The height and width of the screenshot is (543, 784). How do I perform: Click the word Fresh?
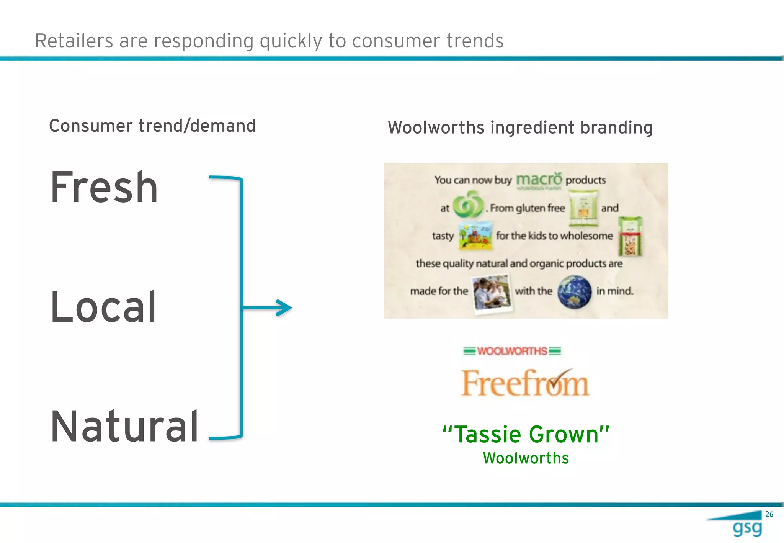(x=104, y=188)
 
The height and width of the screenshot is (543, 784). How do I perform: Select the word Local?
(x=103, y=307)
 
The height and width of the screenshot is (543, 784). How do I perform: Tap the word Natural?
(x=124, y=427)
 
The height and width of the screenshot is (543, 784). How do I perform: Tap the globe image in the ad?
(x=575, y=291)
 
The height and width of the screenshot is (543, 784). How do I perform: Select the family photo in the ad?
(x=492, y=294)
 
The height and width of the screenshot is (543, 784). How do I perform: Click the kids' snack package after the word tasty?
(x=475, y=235)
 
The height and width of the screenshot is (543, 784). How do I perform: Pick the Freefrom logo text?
(x=525, y=383)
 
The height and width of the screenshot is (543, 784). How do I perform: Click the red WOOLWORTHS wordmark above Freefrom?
(x=512, y=351)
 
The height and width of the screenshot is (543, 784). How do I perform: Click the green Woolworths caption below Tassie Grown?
(x=526, y=458)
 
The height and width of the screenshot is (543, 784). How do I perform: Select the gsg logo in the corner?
(x=747, y=528)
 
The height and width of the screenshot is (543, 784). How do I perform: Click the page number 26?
(x=769, y=514)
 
